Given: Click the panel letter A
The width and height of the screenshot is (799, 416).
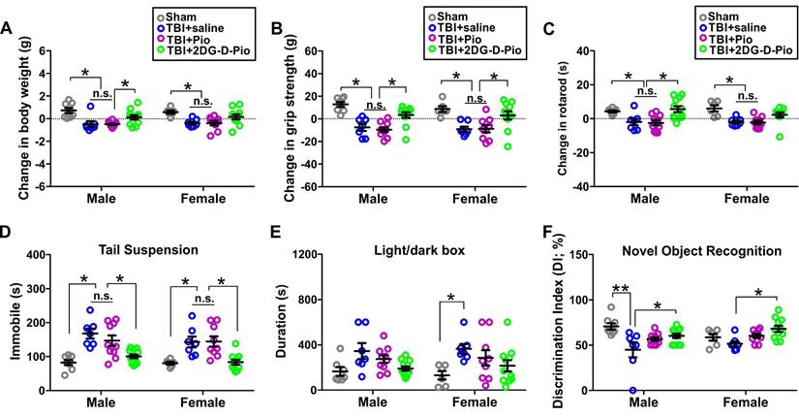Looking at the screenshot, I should tap(8, 27).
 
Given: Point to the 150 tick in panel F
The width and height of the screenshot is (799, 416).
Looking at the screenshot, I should tap(584, 255).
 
